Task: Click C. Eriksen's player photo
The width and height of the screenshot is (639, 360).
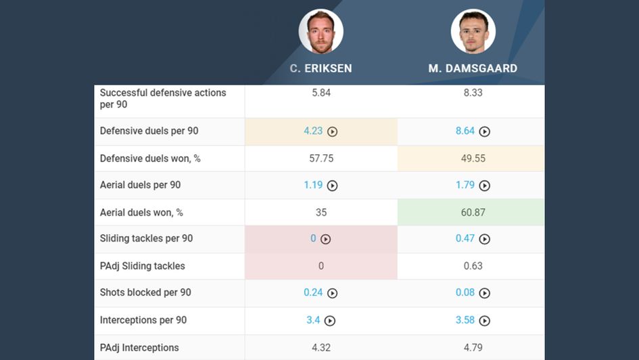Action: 321,31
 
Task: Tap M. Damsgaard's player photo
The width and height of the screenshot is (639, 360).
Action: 473,31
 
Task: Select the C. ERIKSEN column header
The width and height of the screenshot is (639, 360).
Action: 321,68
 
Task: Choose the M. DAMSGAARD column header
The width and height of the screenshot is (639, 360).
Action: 473,68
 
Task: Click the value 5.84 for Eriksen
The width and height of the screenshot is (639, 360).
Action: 321,93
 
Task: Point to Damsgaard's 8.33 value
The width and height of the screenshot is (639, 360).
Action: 473,93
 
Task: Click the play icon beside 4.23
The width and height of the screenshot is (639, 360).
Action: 332,132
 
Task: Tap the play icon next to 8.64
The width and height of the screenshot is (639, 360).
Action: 484,132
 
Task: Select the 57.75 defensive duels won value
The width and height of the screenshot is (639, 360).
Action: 321,158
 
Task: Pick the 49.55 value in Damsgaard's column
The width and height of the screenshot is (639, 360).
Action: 473,158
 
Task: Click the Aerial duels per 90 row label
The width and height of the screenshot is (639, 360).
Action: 140,185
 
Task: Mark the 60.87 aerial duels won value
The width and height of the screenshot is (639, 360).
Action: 473,212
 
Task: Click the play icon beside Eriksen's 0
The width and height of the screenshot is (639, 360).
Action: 325,239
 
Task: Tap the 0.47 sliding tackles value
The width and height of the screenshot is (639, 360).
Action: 465,239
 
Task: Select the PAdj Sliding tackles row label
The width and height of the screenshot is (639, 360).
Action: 142,266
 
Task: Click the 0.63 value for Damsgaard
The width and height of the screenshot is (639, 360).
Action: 473,266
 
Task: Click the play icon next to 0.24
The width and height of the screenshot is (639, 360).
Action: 332,293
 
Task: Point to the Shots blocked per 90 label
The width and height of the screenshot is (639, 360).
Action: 145,292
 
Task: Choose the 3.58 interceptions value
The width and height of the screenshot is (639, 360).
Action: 465,320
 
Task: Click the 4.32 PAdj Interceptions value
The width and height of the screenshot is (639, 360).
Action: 321,348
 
